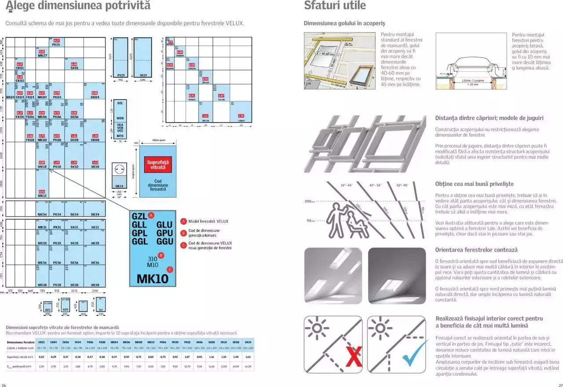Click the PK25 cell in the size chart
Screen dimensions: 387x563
56,42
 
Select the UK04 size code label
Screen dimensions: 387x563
95,97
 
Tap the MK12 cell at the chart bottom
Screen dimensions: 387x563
42,195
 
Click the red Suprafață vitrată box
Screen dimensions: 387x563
158,165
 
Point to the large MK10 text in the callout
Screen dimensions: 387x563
153,278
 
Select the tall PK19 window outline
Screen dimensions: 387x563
120,57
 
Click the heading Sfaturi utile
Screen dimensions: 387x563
335,6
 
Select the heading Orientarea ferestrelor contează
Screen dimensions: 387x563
470,250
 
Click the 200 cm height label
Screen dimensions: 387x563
308,201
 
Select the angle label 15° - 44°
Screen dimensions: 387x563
347,185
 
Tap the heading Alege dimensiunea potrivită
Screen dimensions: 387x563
78,6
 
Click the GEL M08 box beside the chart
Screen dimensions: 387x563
120,110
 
